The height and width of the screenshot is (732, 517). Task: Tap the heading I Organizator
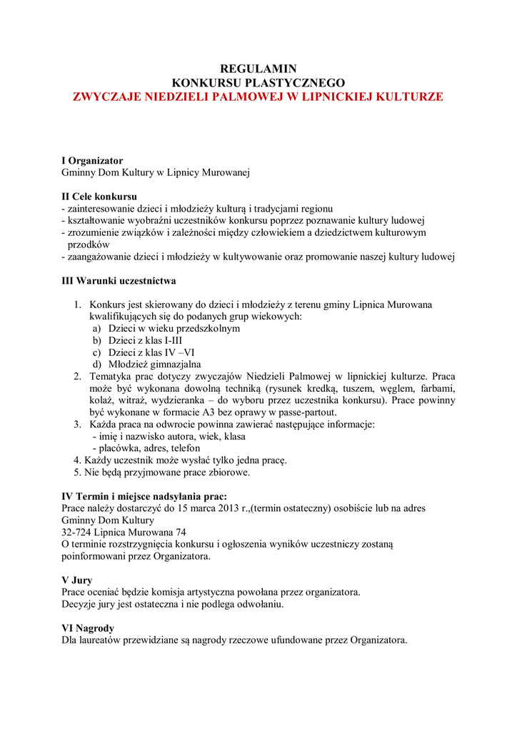tap(92, 160)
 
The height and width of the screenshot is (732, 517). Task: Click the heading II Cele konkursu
tap(99, 196)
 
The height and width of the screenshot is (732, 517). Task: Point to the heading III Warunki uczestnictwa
tap(119, 280)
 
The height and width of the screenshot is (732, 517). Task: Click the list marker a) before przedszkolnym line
tap(96, 328)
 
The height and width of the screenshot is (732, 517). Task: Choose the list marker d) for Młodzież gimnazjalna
tap(96, 365)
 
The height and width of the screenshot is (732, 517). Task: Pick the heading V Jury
tap(76, 580)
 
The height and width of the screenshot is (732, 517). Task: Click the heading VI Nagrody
tap(89, 628)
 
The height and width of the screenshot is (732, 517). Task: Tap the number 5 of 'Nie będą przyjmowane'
tap(76, 473)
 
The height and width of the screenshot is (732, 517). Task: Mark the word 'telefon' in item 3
tap(174, 448)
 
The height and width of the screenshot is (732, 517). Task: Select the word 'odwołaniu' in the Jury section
tap(259, 605)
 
